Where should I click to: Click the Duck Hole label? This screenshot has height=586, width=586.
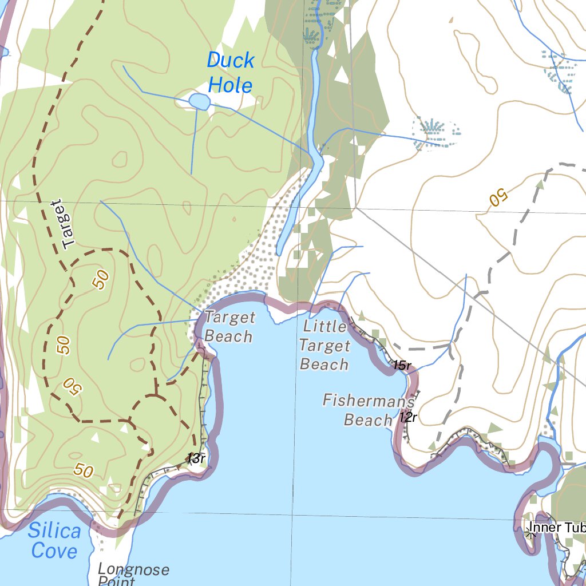pos(229,73)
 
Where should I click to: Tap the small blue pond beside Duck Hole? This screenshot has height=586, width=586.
pos(199,102)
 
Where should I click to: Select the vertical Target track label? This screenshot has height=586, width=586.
pos(62,224)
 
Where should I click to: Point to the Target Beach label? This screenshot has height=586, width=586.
pos(229,327)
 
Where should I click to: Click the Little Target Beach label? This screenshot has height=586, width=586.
pos(324,345)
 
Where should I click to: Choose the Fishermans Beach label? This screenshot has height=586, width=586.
pos(368,410)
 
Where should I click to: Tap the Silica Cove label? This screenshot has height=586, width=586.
pos(54,541)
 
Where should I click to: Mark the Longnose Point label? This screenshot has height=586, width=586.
pos(133,574)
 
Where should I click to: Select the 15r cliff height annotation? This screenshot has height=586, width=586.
pos(402,365)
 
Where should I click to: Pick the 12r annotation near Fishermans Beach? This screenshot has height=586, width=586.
pos(408,417)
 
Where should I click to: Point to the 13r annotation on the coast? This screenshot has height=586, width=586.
pos(196,458)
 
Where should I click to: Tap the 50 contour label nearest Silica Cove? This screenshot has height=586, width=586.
pos(84,471)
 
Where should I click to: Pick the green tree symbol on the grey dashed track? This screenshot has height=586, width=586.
pos(539,185)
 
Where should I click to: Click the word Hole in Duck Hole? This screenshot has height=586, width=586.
pos(230,85)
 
